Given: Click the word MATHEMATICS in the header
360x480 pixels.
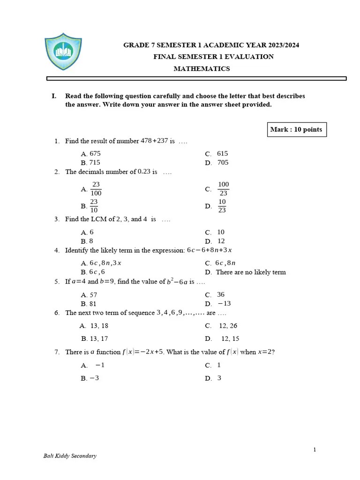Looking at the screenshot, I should (202, 69).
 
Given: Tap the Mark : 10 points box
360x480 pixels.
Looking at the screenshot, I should (296, 129).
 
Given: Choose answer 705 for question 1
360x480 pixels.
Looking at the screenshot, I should (223, 163).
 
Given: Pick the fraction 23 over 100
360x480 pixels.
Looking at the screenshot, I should (96, 189).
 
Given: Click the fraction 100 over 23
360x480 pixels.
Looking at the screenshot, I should (224, 189).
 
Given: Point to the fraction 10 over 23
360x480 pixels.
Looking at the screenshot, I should (222, 206).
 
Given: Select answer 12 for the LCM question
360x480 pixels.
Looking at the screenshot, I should (221, 241).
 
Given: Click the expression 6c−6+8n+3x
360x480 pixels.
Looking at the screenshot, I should (209, 250).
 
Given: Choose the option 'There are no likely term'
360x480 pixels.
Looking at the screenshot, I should (251, 272).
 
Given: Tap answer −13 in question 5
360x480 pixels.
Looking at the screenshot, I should (224, 304).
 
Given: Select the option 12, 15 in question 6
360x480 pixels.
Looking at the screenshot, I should (230, 338).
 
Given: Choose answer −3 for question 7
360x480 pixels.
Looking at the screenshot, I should (94, 378).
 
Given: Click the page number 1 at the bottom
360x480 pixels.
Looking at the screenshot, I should (315, 450).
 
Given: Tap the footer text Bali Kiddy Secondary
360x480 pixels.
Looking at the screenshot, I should (70, 456).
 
